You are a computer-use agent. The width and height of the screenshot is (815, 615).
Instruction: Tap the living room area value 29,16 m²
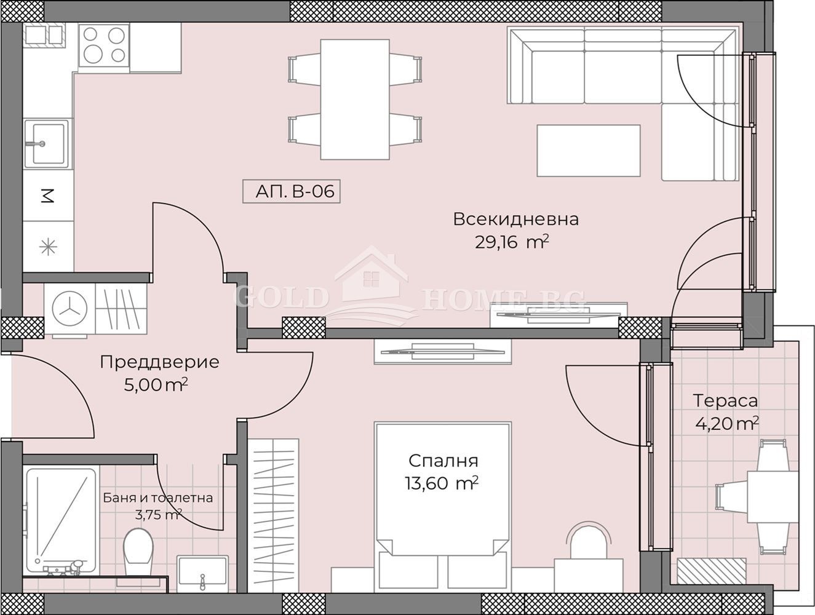click(512, 243)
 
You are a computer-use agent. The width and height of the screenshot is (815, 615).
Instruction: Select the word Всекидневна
click(515, 220)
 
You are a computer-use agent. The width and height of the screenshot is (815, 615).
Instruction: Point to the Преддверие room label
click(160, 362)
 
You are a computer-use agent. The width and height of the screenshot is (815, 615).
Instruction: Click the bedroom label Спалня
click(443, 461)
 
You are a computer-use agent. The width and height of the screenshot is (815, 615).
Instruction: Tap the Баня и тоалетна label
click(158, 498)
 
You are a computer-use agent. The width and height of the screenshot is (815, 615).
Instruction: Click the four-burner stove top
click(104, 46)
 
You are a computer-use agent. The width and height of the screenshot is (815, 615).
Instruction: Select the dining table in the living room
click(355, 100)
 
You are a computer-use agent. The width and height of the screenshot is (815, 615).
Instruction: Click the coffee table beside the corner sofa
click(589, 150)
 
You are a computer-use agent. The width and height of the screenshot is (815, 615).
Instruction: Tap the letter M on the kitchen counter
click(47, 196)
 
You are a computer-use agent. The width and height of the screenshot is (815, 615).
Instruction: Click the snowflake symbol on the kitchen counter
click(48, 247)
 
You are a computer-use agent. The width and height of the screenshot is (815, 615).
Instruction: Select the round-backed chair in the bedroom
click(588, 541)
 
